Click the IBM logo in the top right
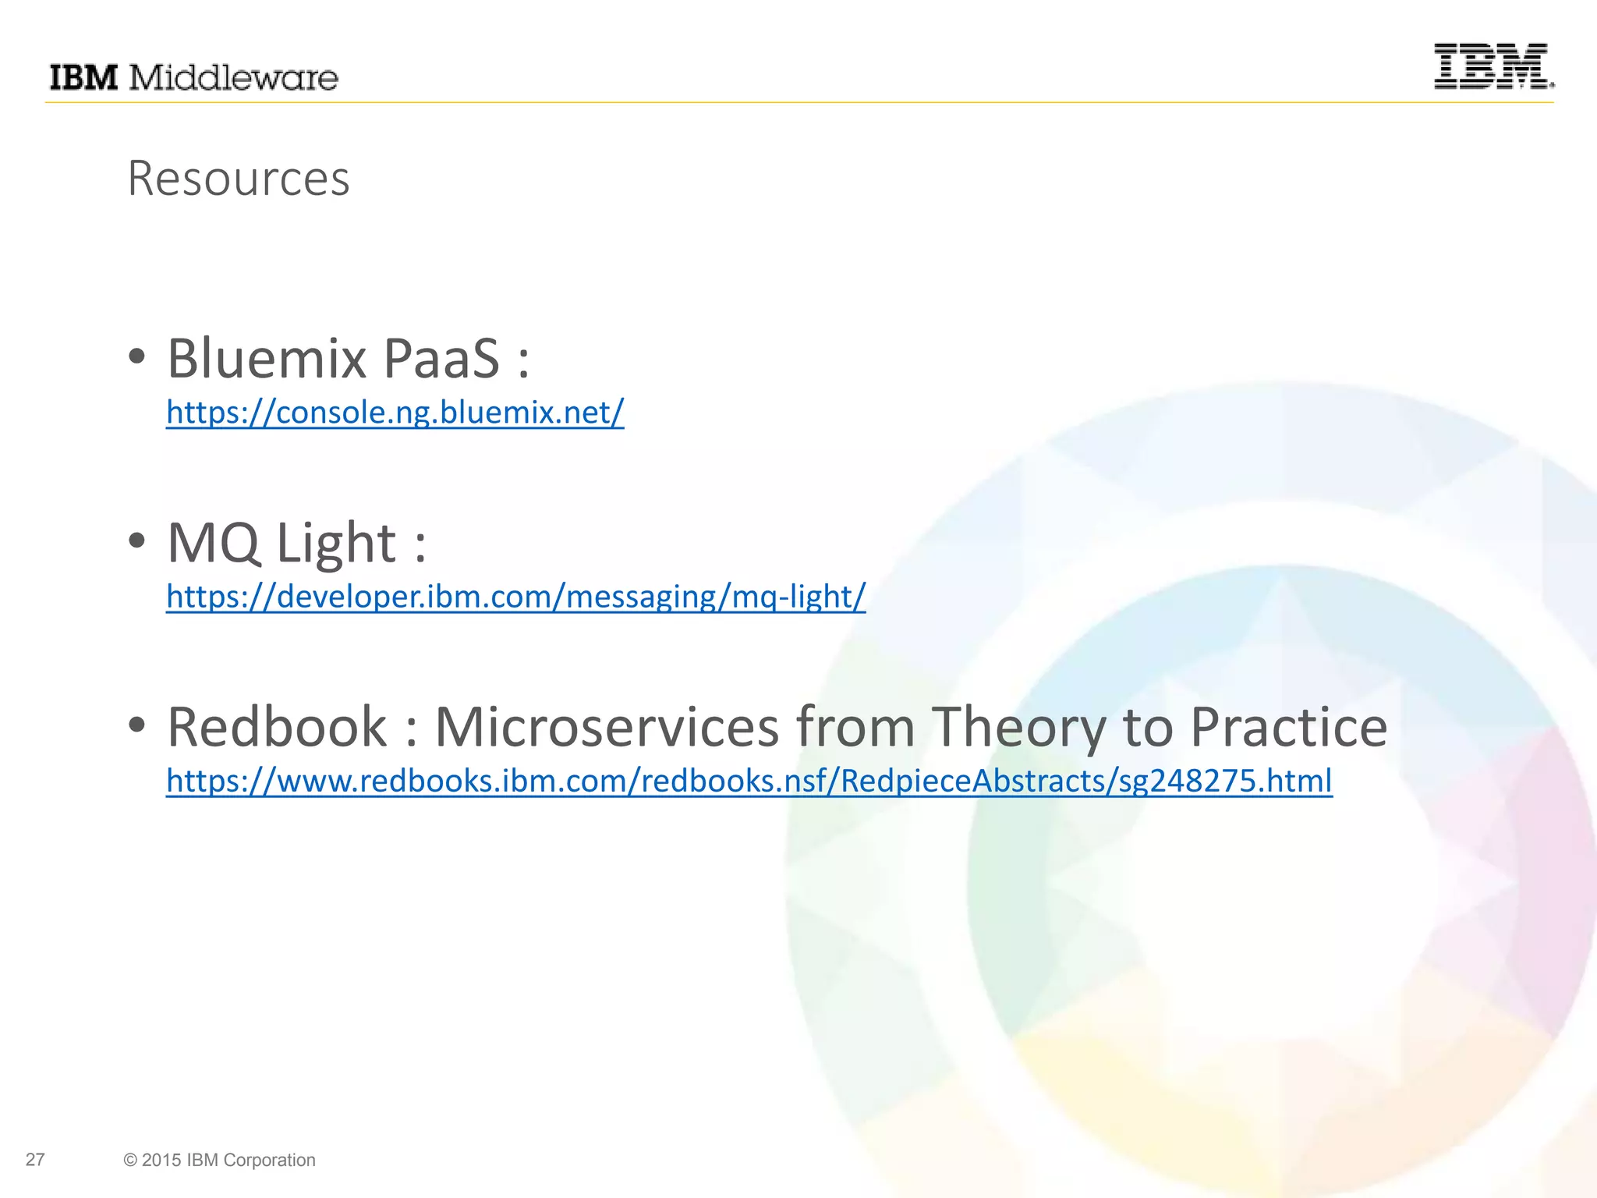tap(1493, 66)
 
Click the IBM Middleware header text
tap(193, 78)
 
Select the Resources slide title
tap(239, 179)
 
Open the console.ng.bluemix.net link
tap(395, 412)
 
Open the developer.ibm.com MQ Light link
tap(515, 597)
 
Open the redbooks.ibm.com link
tap(749, 781)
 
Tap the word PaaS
tap(441, 359)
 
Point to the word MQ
tap(213, 543)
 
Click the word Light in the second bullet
tap(337, 543)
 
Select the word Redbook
tap(277, 727)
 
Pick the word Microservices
tap(607, 727)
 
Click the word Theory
tap(1019, 727)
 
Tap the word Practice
tap(1288, 727)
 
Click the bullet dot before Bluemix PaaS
tap(137, 357)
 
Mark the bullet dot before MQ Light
tap(137, 541)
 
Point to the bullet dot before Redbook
tap(137, 725)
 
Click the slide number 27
tap(35, 1160)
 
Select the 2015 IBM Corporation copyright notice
tap(219, 1160)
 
